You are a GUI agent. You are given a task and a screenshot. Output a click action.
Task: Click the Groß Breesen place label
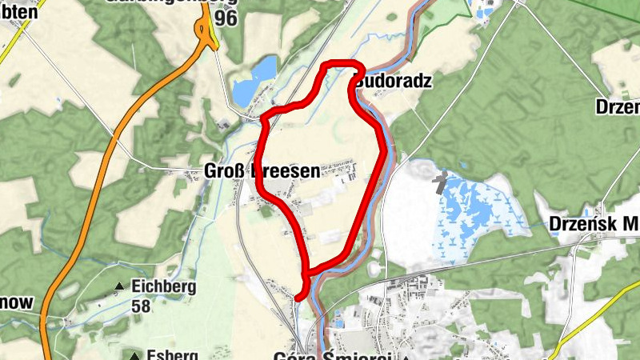[x=261, y=170]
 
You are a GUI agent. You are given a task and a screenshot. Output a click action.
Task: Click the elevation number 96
[x=226, y=18]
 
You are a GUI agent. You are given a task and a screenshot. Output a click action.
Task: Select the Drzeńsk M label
[x=594, y=225]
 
